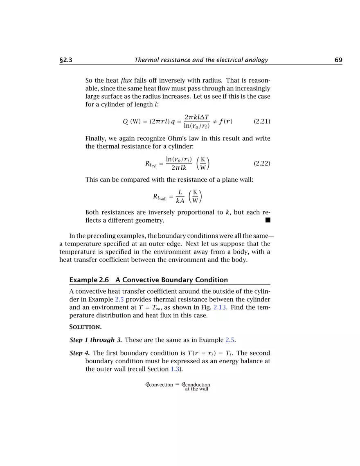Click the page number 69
point(338,60)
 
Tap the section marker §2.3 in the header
point(66,60)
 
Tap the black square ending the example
point(268,221)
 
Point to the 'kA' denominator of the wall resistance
point(180,200)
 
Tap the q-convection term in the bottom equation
point(159,385)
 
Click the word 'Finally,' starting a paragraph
point(96,138)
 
